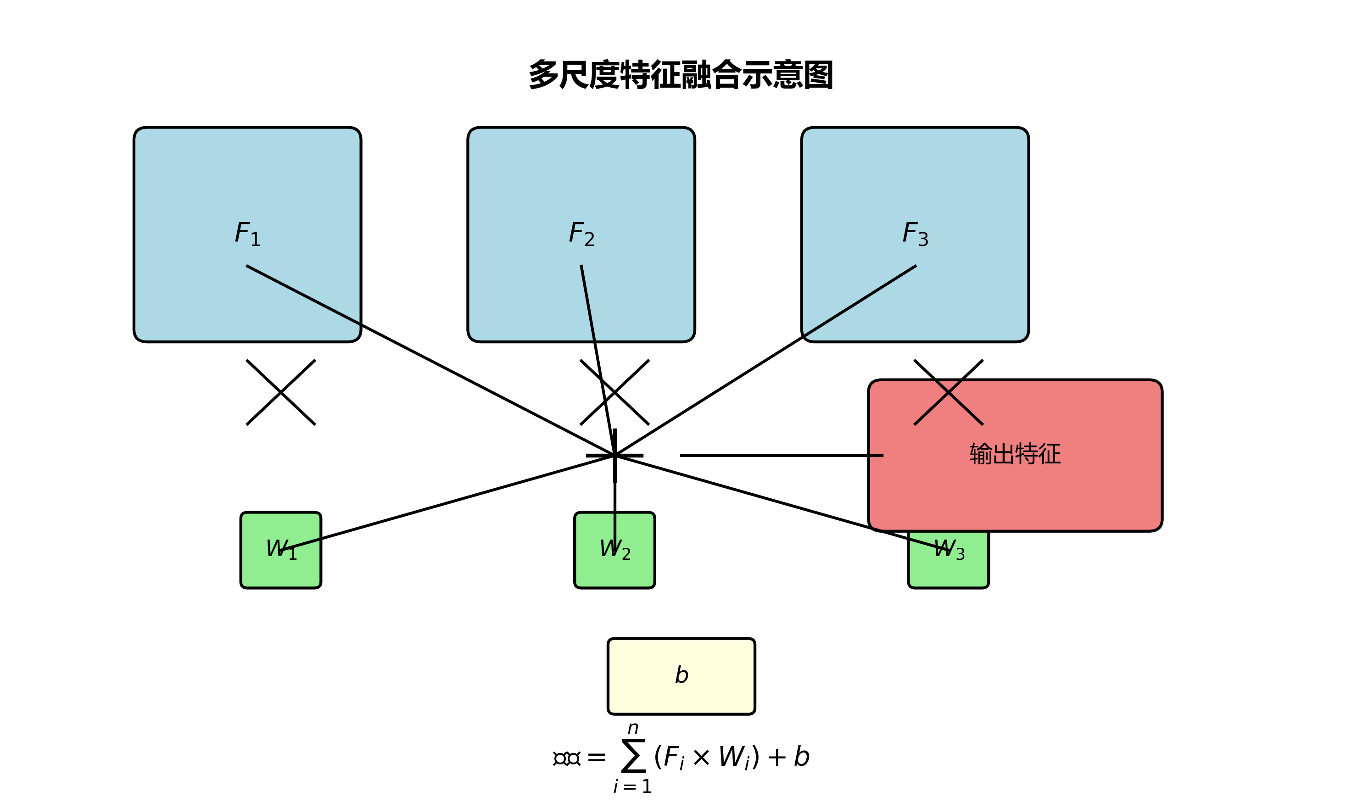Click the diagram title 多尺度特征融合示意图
681,75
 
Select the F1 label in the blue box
248,234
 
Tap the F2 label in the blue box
581,234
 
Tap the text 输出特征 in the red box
1015,454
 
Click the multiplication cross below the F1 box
280,392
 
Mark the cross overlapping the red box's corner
949,392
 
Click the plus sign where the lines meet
615,455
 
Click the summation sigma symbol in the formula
633,756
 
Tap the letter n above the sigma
633,729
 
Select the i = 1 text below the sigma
632,787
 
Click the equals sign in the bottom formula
596,758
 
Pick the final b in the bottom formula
802,756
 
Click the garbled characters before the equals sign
567,758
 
